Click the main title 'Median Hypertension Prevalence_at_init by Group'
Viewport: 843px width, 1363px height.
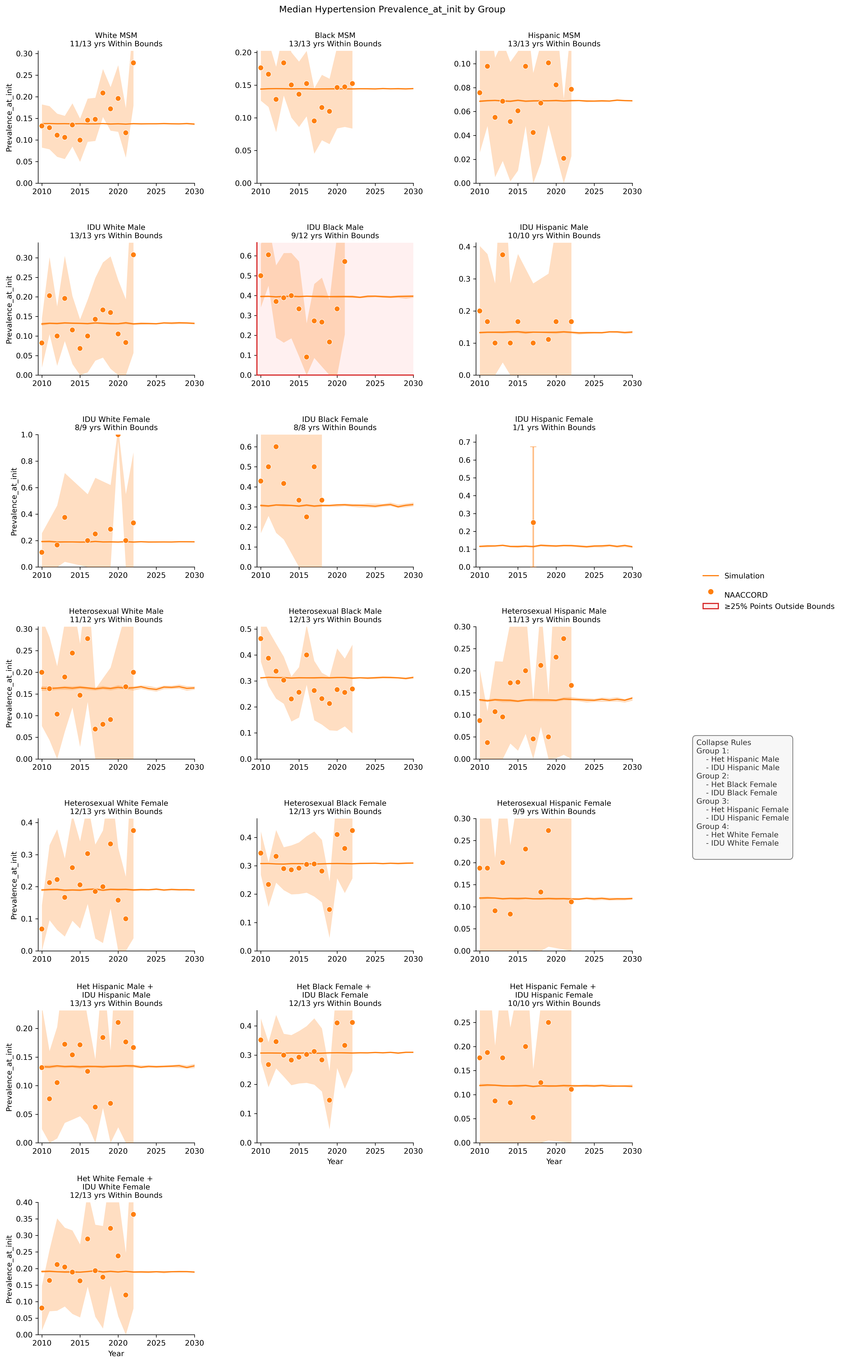pyautogui.click(x=392, y=9)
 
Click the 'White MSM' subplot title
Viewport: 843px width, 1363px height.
pyautogui.click(x=116, y=35)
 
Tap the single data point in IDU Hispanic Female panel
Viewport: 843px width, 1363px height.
pyautogui.click(x=533, y=522)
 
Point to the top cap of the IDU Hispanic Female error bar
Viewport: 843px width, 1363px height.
pyautogui.click(x=533, y=447)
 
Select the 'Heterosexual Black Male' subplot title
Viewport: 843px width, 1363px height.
pyautogui.click(x=335, y=611)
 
